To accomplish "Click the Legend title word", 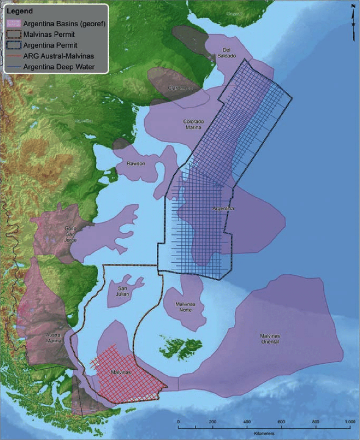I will [x=17, y=9].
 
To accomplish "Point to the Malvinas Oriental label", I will [x=269, y=338].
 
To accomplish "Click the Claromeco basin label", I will [x=178, y=88].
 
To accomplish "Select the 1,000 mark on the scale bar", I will [x=349, y=422].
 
